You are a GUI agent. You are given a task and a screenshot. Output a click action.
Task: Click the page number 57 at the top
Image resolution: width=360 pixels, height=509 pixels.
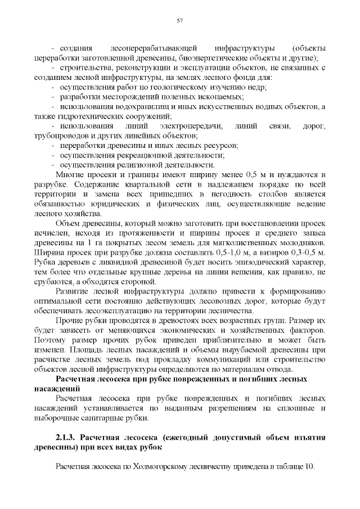[180, 21]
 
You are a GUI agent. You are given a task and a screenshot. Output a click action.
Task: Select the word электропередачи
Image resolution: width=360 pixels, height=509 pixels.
[191, 125]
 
